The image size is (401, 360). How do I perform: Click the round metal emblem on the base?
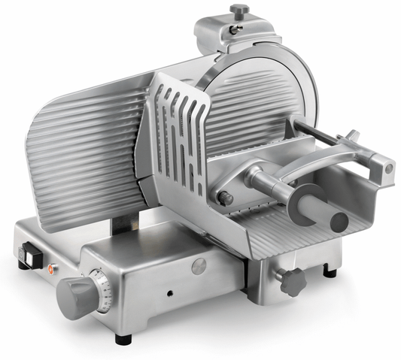click(199, 265)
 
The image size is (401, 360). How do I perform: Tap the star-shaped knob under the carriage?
click(290, 280)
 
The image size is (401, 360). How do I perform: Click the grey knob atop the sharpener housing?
click(238, 11)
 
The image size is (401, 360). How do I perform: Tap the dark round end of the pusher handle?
click(339, 221)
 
